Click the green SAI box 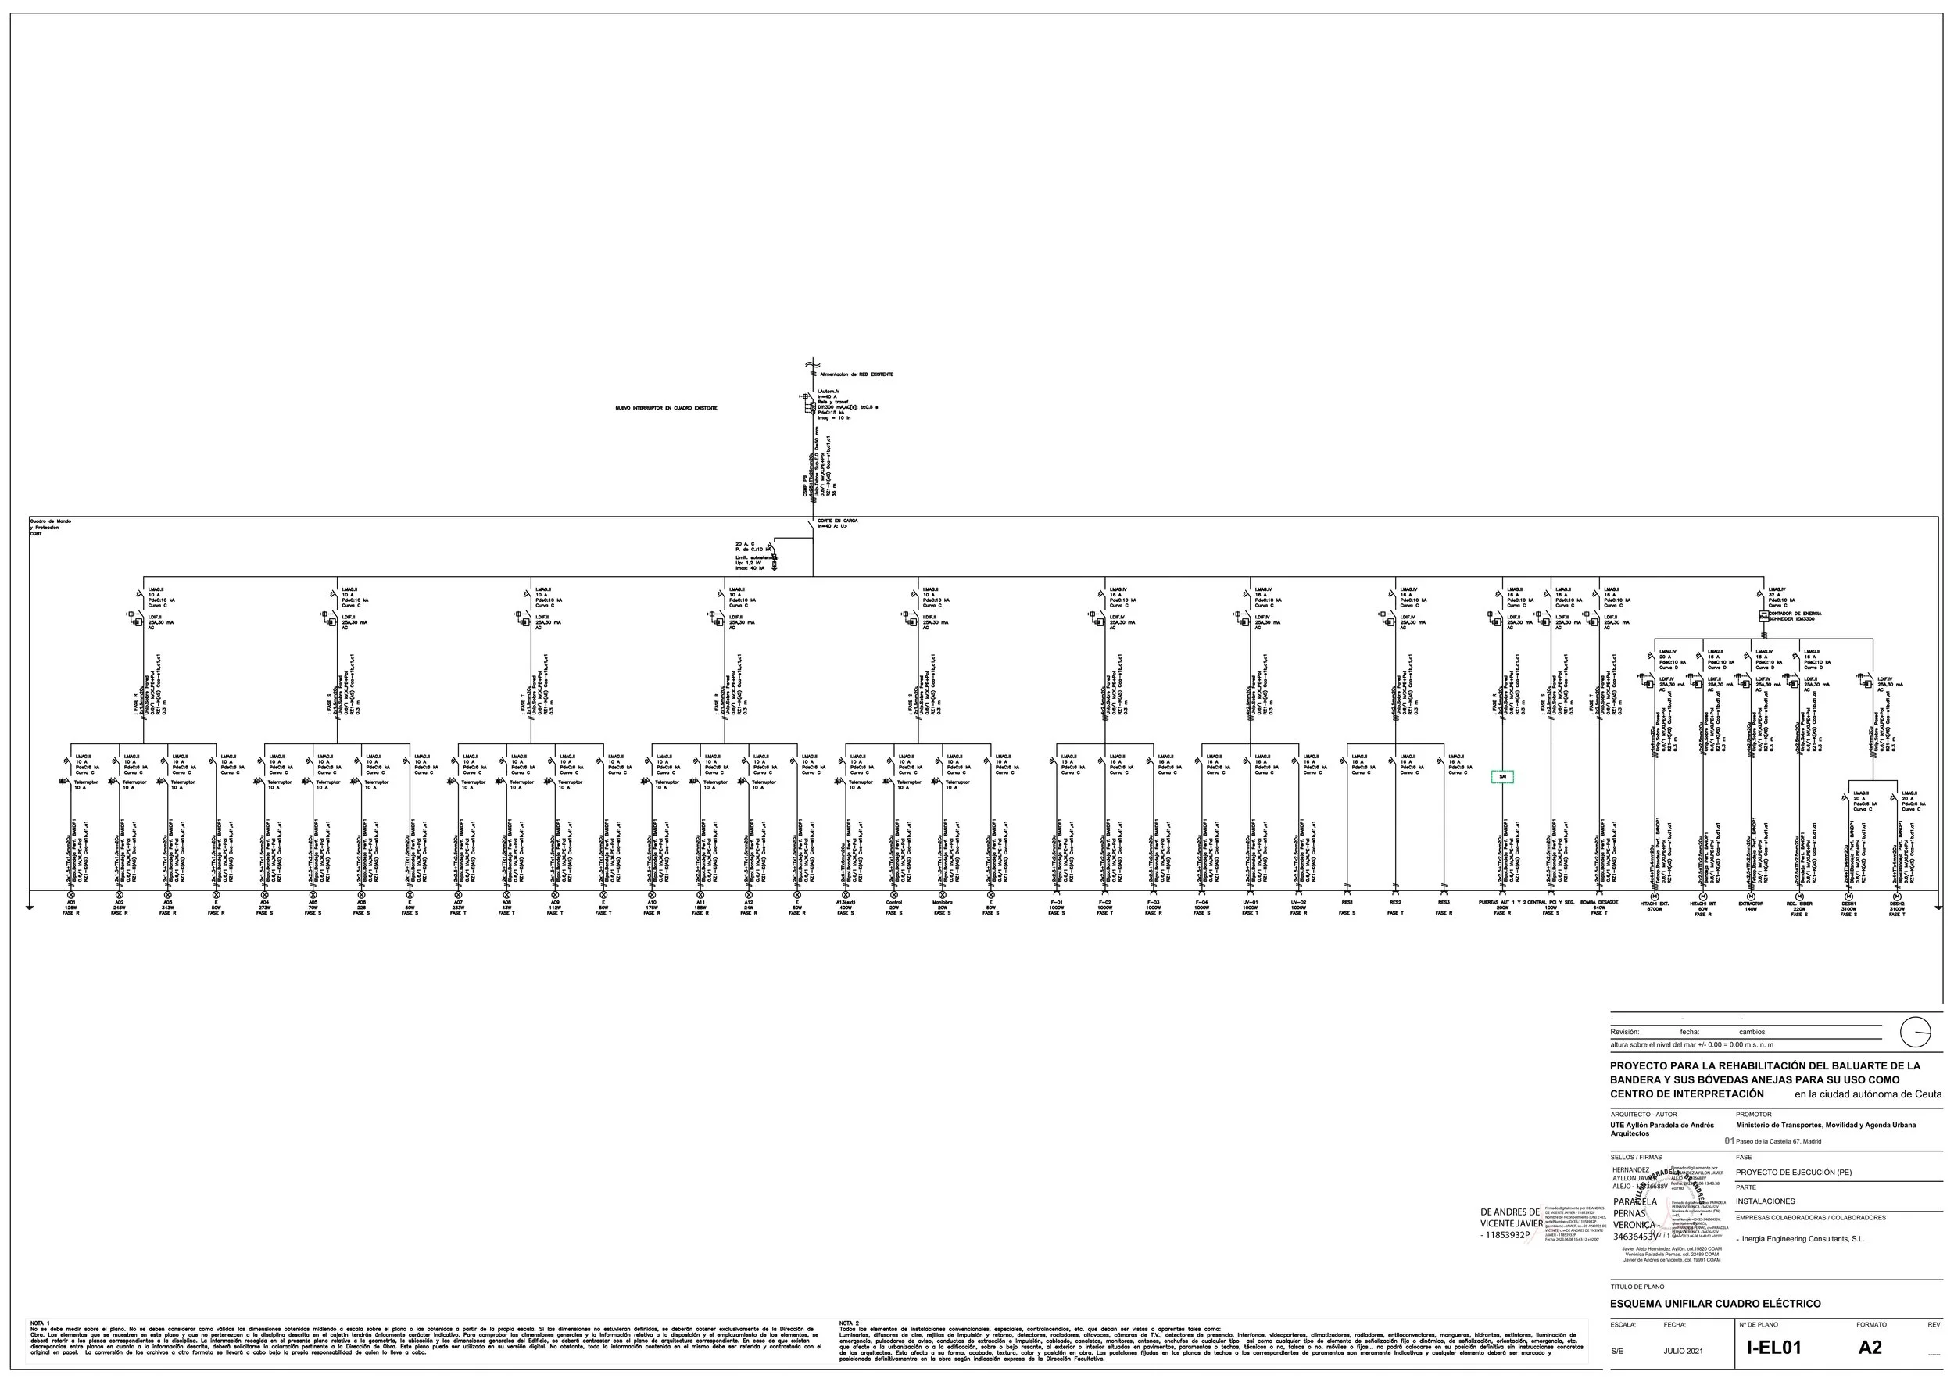click(1502, 776)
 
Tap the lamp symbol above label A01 click(70, 895)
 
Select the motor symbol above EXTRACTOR click(1751, 896)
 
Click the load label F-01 click(1056, 903)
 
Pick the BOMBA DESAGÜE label click(1599, 903)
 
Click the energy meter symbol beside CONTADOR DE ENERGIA click(1763, 615)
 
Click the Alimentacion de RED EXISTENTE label click(856, 374)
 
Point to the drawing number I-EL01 click(1773, 1347)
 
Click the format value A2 click(1870, 1347)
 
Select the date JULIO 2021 click(1683, 1352)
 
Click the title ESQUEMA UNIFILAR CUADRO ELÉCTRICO click(1715, 1303)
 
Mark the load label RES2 click(1395, 903)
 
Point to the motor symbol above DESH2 click(1896, 896)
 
